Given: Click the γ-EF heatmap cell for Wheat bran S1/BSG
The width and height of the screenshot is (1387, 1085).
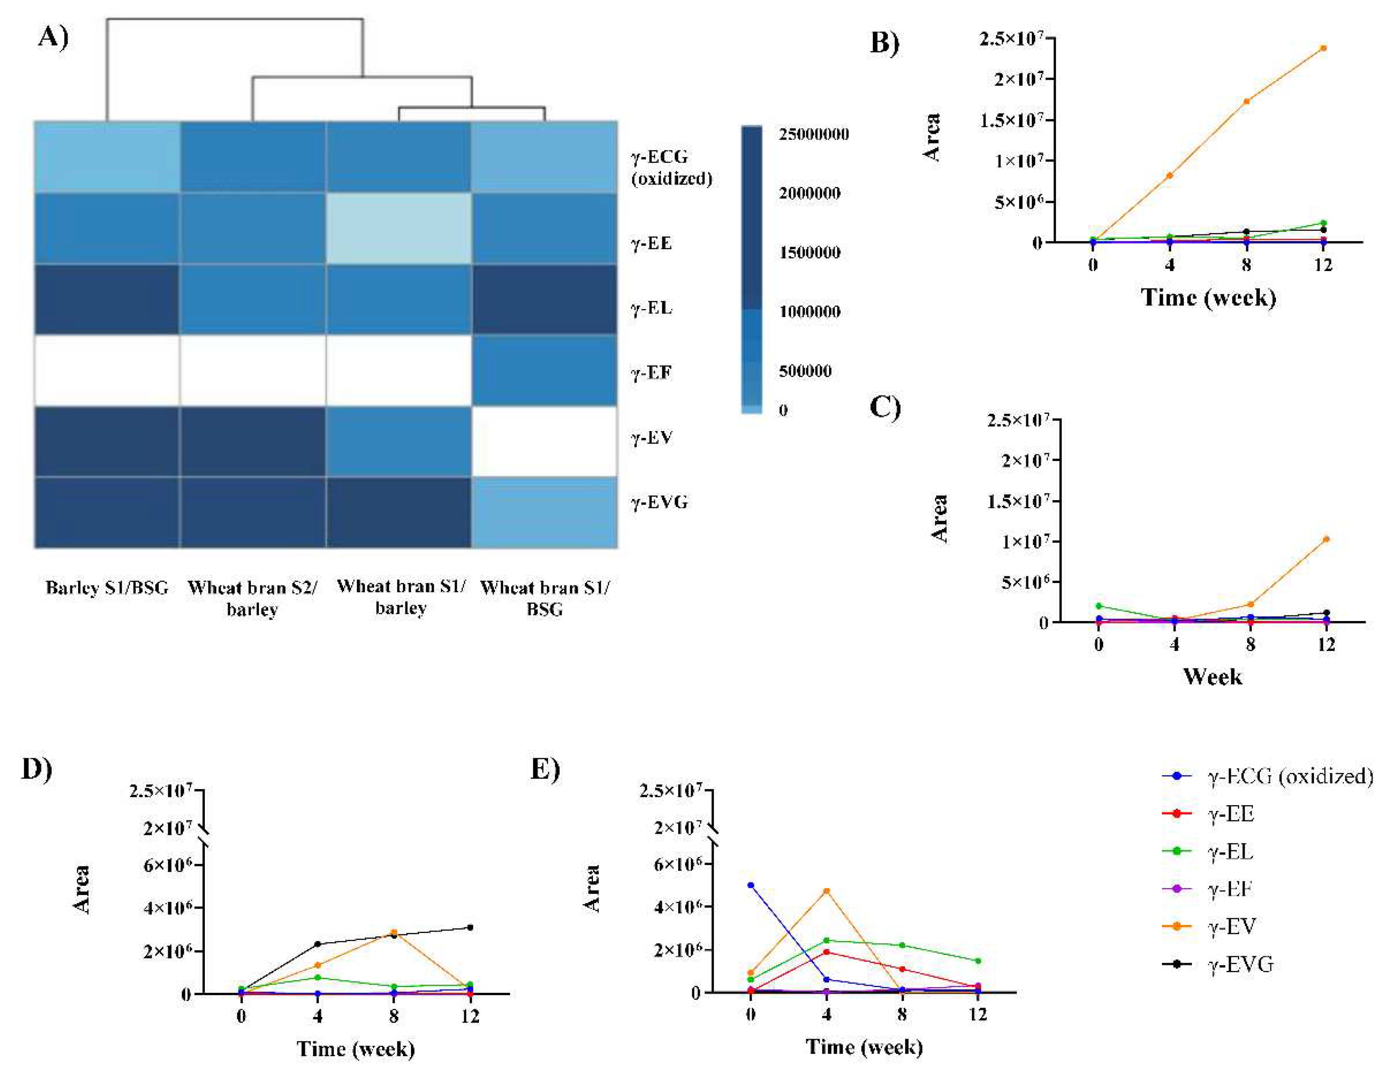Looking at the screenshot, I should (x=544, y=370).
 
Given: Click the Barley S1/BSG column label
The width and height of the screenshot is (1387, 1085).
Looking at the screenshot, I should (x=107, y=588).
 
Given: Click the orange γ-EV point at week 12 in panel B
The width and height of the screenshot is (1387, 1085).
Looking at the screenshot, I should (x=1323, y=48).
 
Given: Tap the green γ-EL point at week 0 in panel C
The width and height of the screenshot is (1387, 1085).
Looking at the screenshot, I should (x=1099, y=605).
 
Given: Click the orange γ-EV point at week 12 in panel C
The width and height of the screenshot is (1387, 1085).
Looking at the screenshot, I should (x=1326, y=539).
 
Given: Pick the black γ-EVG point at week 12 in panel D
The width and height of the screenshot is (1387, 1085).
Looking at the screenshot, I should (x=470, y=928).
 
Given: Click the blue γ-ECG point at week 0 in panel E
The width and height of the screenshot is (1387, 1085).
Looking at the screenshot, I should (x=751, y=885).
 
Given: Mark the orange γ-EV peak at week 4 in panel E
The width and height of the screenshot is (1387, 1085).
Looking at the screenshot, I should (x=826, y=891).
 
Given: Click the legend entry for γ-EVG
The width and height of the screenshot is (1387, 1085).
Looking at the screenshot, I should (x=1240, y=964).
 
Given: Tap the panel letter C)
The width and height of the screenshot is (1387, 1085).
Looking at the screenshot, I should (x=884, y=407).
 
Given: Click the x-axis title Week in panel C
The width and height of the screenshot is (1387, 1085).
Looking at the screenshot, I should (x=1212, y=676).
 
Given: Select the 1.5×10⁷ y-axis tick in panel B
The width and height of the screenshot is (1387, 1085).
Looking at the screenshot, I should (x=1010, y=120).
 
